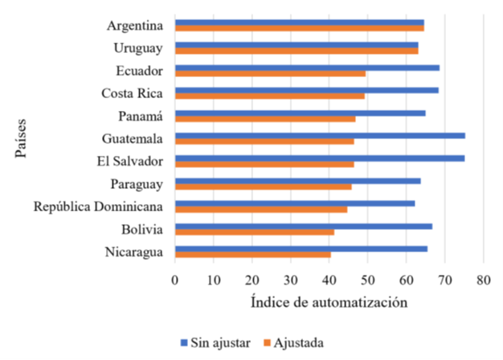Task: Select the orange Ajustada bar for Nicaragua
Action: click(252, 255)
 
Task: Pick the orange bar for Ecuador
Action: click(270, 73)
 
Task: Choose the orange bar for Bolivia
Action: click(254, 232)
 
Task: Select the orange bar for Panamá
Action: click(265, 118)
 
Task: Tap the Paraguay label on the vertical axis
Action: click(138, 184)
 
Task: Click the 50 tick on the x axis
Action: click(367, 280)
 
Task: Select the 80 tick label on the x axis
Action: click(483, 280)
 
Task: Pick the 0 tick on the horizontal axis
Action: click(174, 280)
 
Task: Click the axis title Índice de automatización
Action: click(329, 303)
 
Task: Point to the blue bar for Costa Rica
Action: click(306, 90)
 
